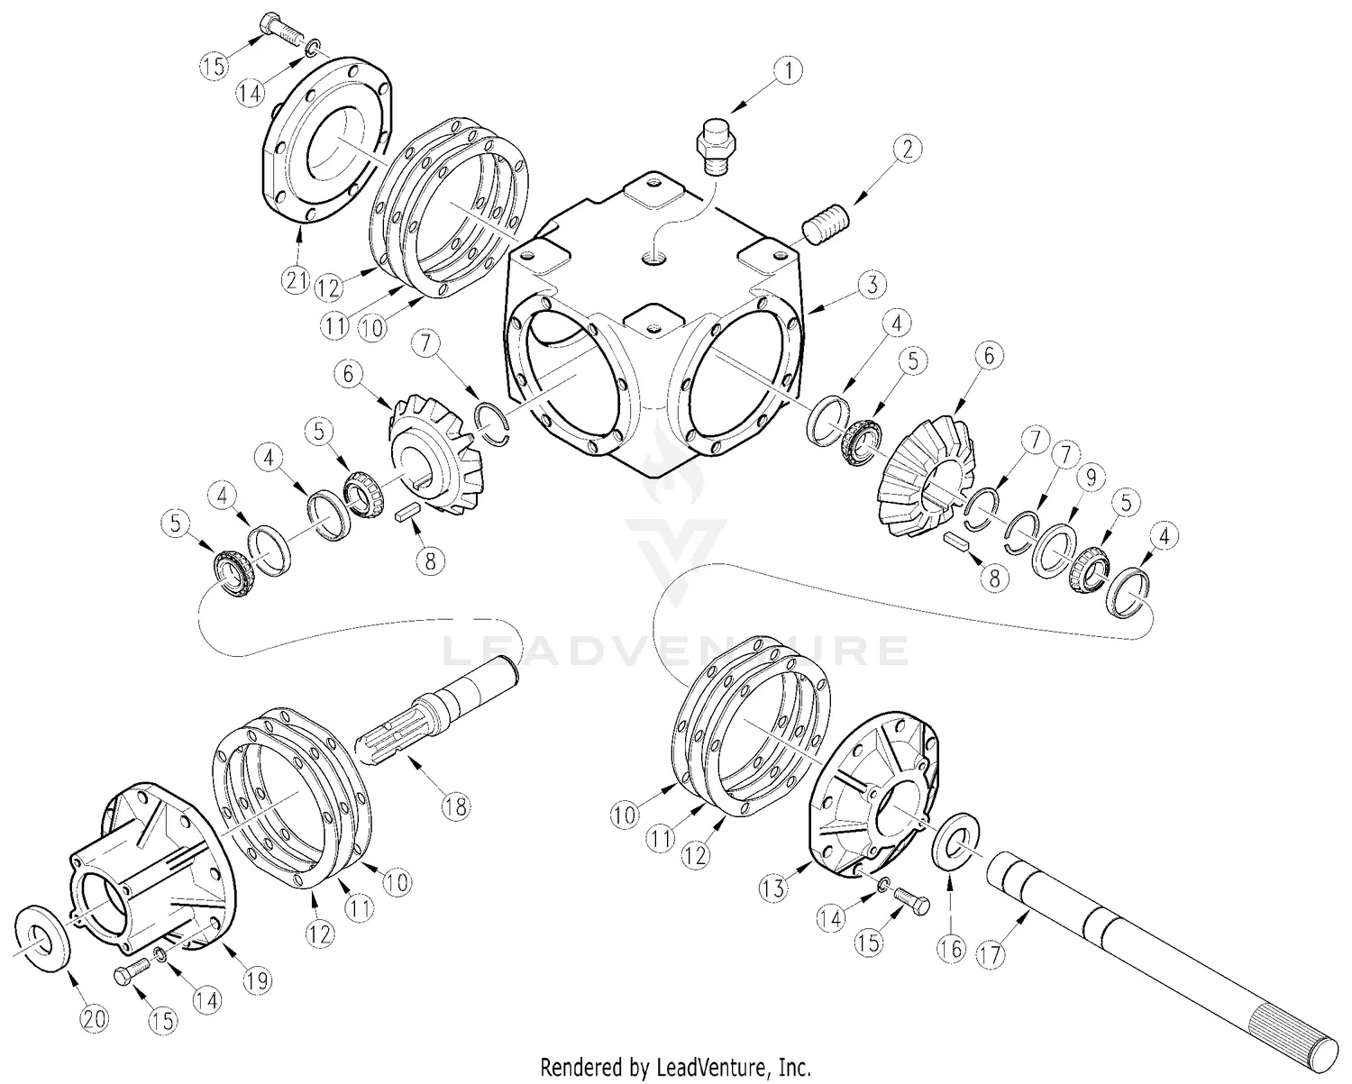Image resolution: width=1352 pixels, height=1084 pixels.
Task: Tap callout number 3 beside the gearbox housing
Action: [871, 286]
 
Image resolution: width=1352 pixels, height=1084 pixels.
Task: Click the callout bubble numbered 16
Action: [951, 947]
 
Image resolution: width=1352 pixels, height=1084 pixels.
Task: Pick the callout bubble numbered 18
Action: [456, 806]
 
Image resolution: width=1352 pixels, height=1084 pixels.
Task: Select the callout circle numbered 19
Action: [258, 979]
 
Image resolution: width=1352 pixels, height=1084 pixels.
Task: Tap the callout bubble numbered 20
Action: [95, 1019]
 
